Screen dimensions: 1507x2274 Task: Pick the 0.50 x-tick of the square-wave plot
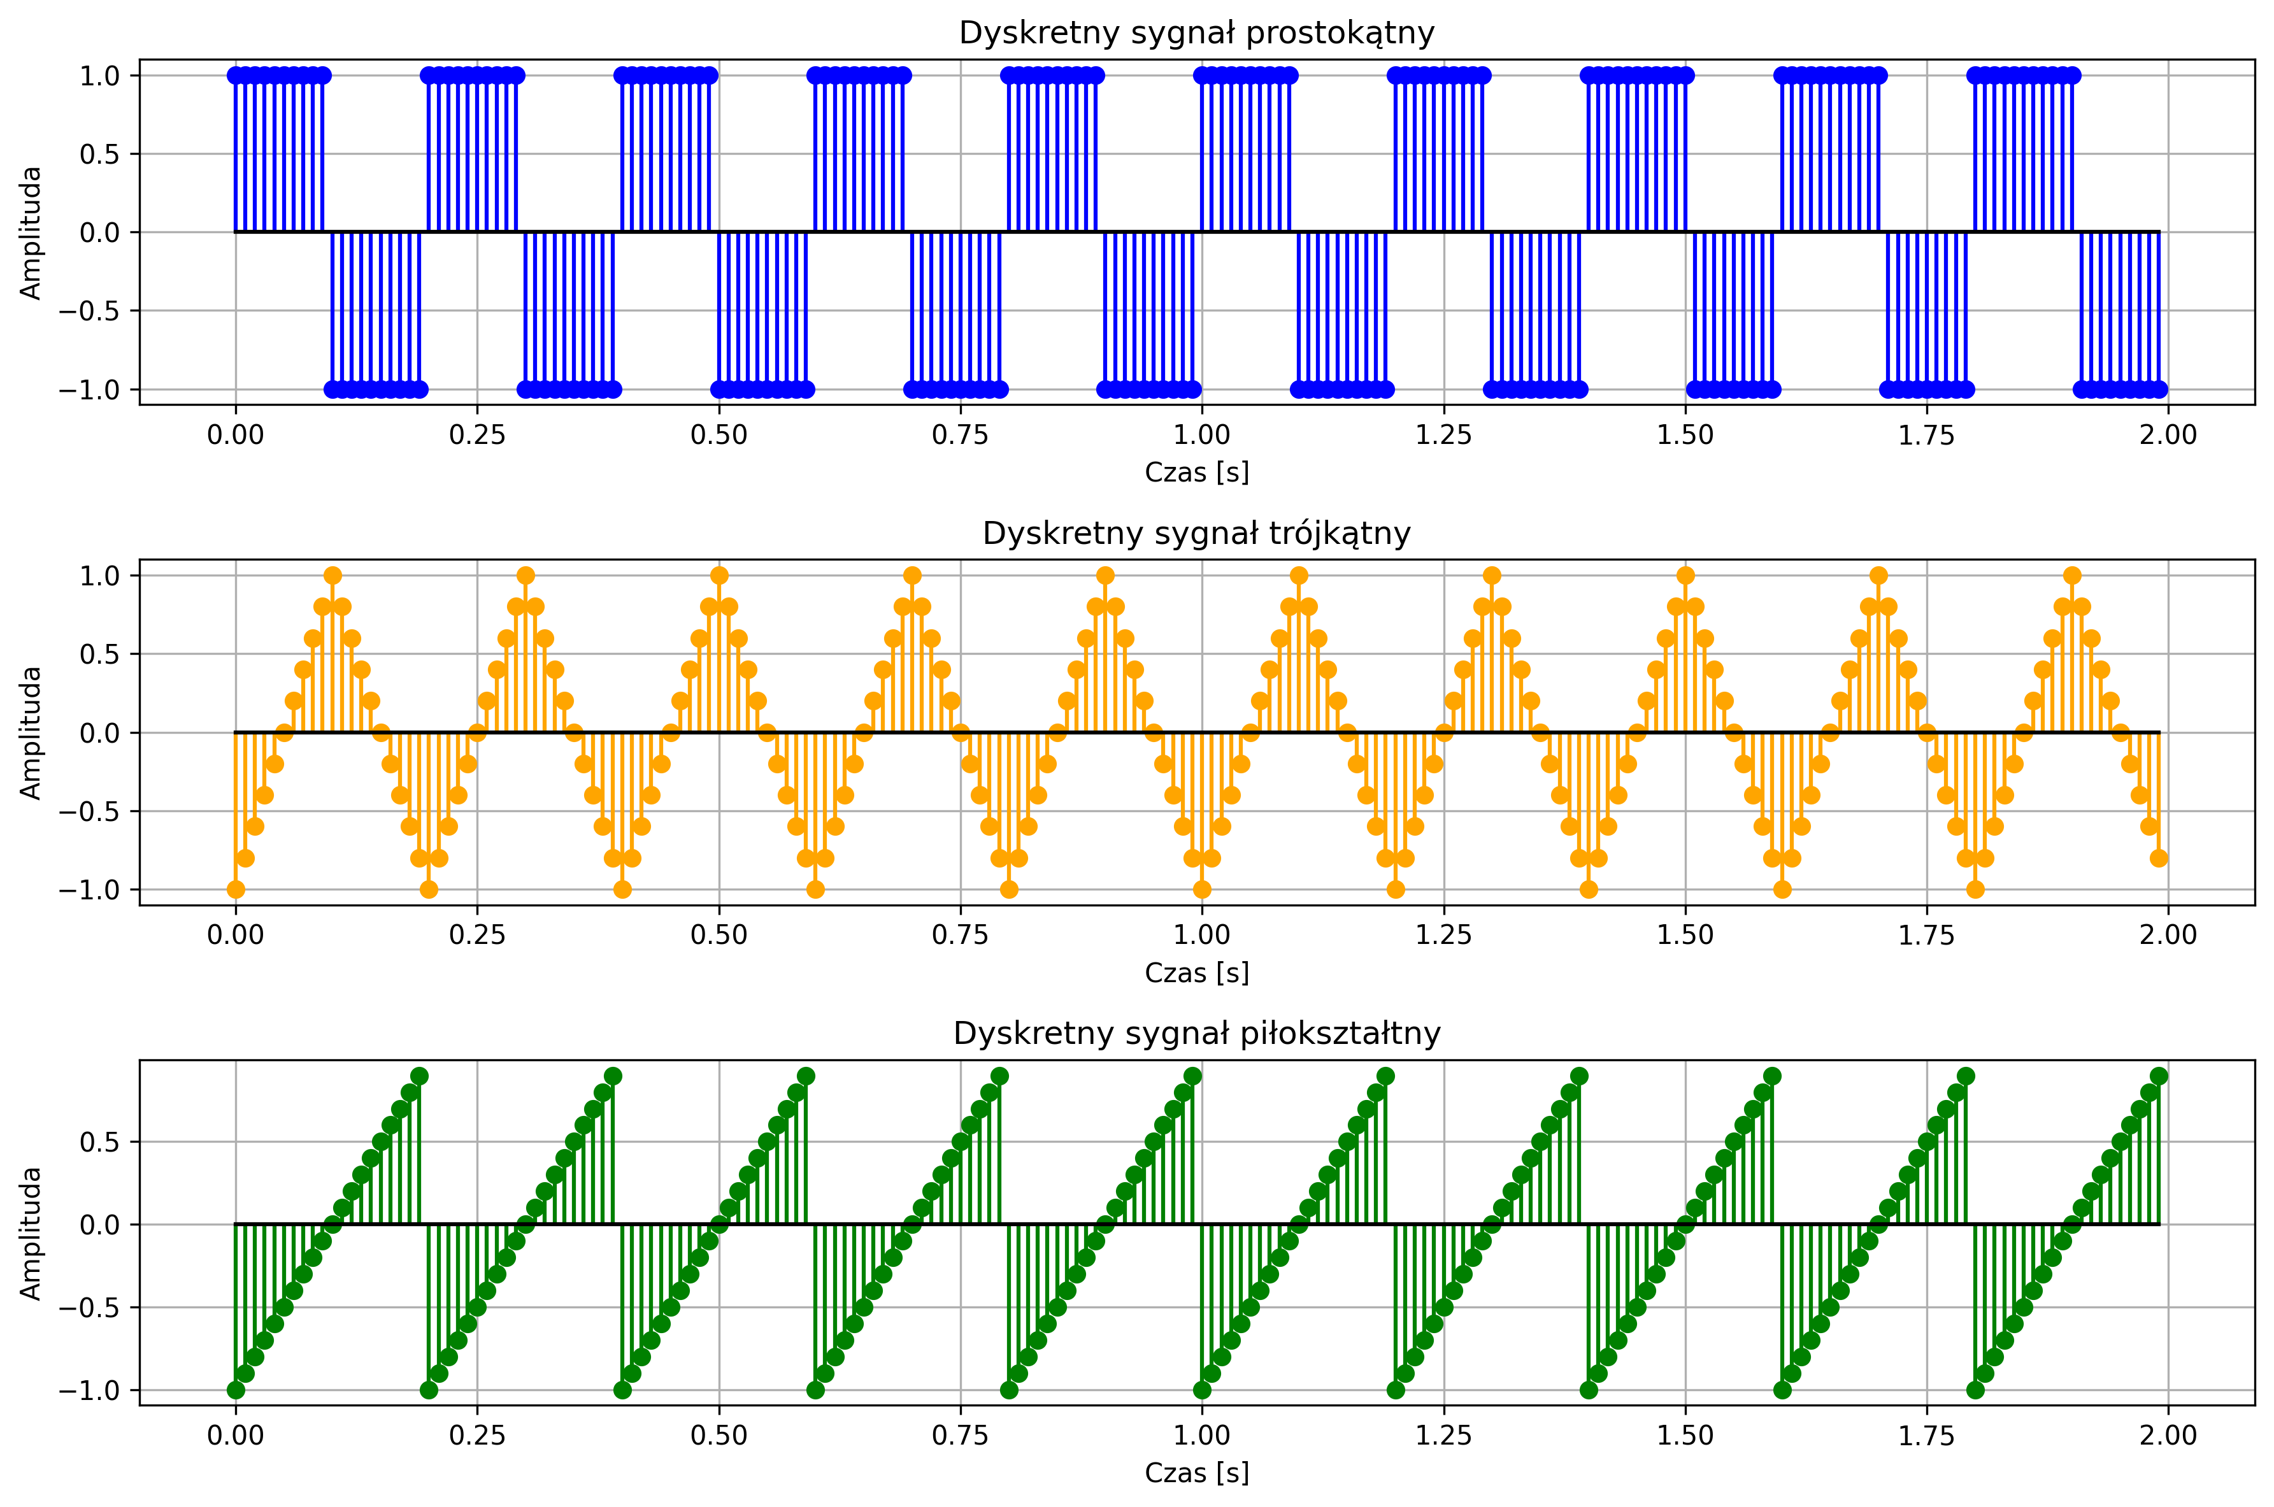pyautogui.click(x=718, y=434)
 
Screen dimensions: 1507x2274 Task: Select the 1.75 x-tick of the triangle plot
pyautogui.click(x=1925, y=935)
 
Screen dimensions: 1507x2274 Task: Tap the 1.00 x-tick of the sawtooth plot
pyautogui.click(x=1201, y=1435)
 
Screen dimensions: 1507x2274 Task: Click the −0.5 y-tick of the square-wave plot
pyautogui.click(x=92, y=310)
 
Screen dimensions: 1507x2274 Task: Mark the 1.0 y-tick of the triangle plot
pyautogui.click(x=99, y=576)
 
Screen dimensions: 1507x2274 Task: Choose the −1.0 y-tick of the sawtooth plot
pyautogui.click(x=92, y=1390)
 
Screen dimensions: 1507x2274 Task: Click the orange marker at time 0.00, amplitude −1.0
pyautogui.click(x=236, y=889)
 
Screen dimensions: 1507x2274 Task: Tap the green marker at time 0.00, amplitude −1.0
pyautogui.click(x=236, y=1390)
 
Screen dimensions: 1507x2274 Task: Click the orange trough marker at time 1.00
pyautogui.click(x=1201, y=889)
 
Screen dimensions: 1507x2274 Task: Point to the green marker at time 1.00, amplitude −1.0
pyautogui.click(x=1201, y=1390)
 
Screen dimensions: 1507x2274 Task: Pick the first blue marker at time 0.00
pyautogui.click(x=236, y=75)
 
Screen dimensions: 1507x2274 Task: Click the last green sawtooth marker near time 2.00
pyautogui.click(x=2157, y=1075)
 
